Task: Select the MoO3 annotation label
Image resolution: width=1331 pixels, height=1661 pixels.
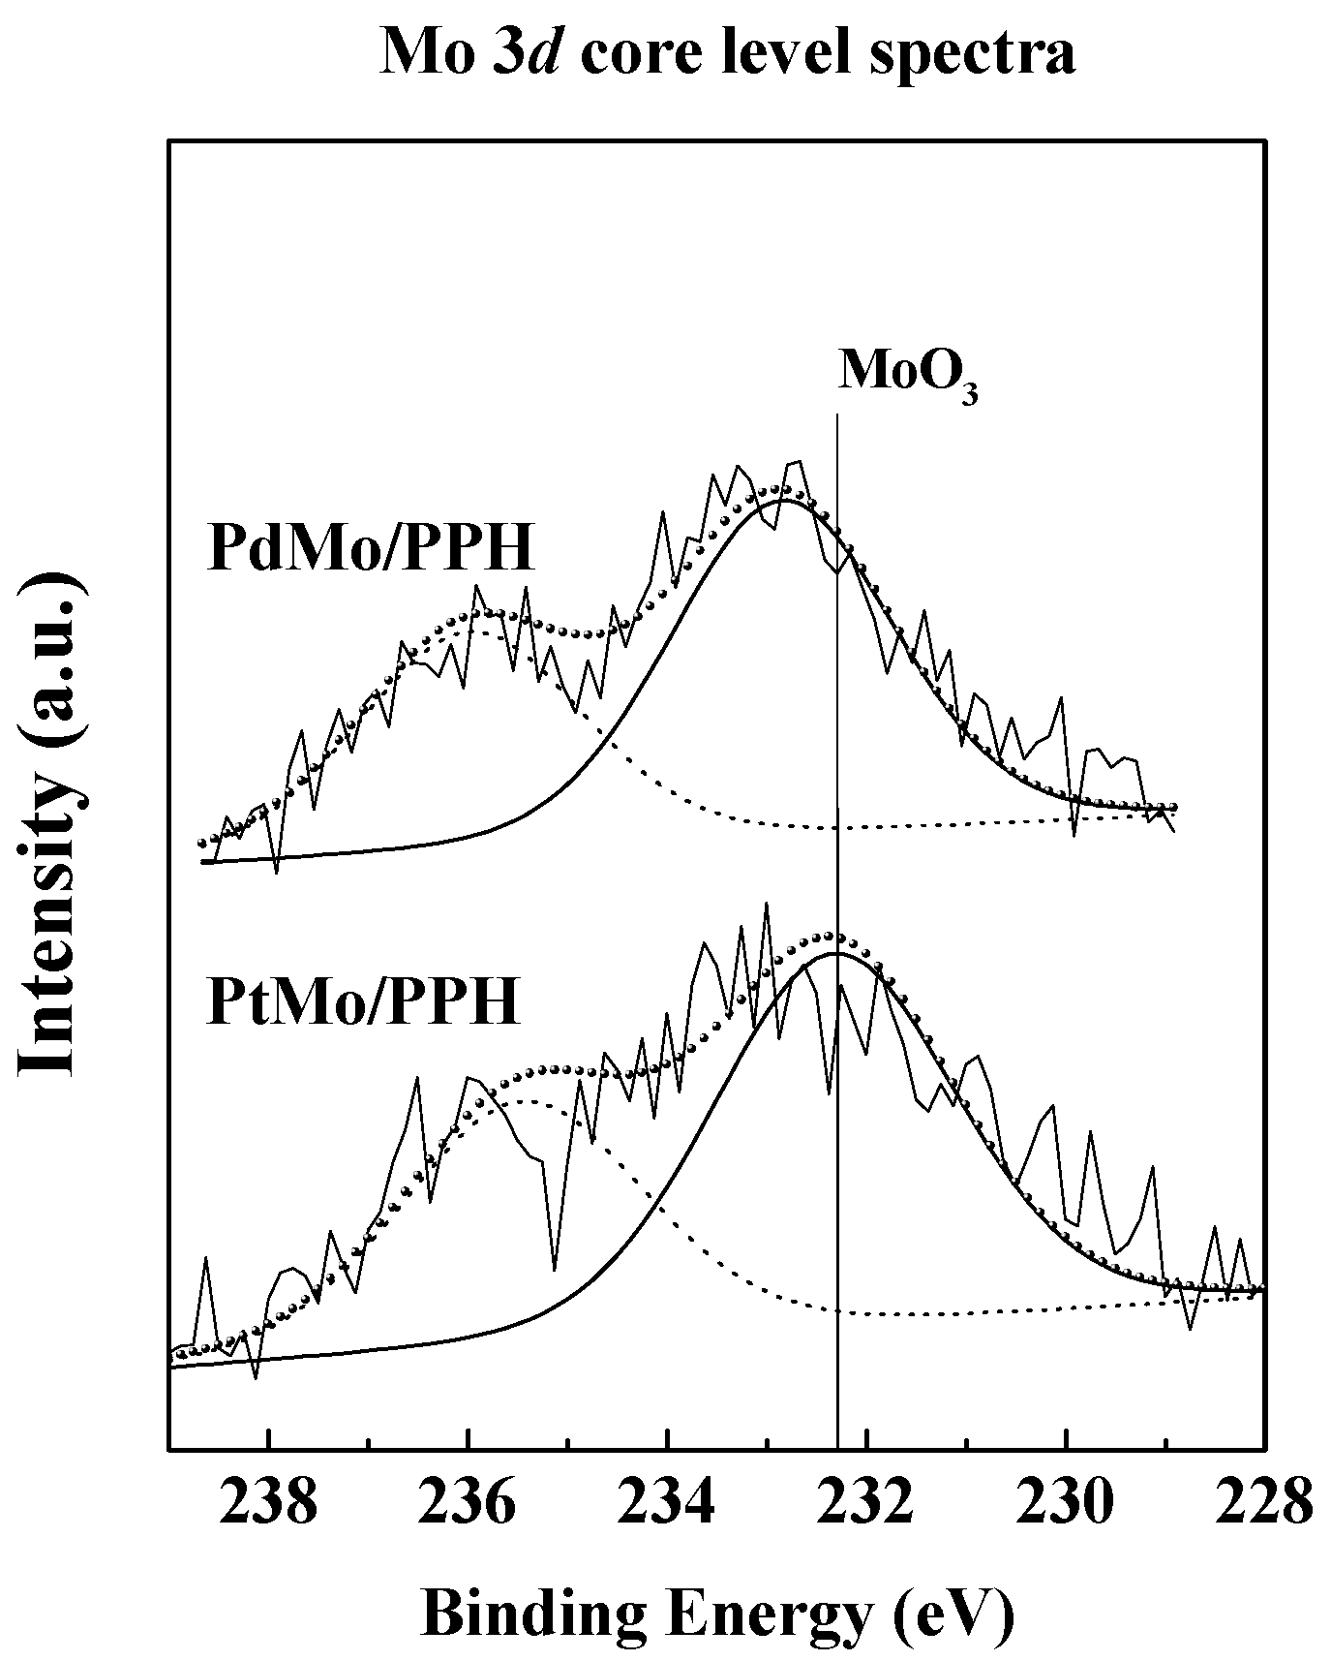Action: pos(907,372)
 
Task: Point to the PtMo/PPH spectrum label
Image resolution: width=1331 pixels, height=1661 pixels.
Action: pos(364,1001)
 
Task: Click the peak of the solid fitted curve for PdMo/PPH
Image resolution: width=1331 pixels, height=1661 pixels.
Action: pos(786,501)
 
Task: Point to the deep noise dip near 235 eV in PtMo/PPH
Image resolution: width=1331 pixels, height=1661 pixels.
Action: pos(554,1269)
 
